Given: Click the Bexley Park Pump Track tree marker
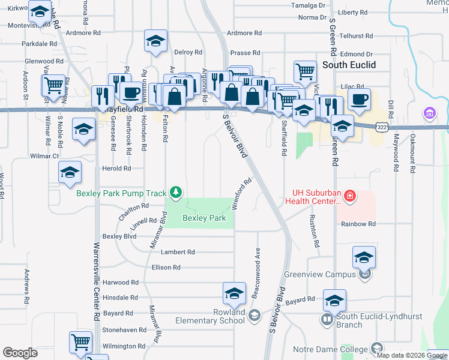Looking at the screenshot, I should point(176,193).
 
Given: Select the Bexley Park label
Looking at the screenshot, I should point(204,218).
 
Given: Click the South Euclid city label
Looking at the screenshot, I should point(349,65).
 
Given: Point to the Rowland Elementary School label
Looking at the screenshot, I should point(210,316).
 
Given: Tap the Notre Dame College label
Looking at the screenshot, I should point(331,350).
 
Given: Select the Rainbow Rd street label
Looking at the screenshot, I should point(358,224).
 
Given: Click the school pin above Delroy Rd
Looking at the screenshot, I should point(155,41).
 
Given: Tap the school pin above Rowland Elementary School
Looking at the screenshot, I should point(234,293).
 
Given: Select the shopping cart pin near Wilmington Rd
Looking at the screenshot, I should point(81,342).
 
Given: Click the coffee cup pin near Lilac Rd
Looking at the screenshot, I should point(359,100).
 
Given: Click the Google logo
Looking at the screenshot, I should point(20,353).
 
